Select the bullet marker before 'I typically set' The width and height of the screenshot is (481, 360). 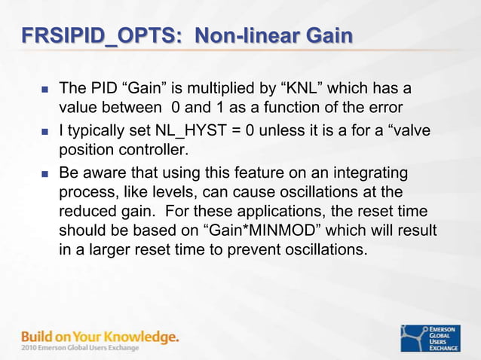44,132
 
